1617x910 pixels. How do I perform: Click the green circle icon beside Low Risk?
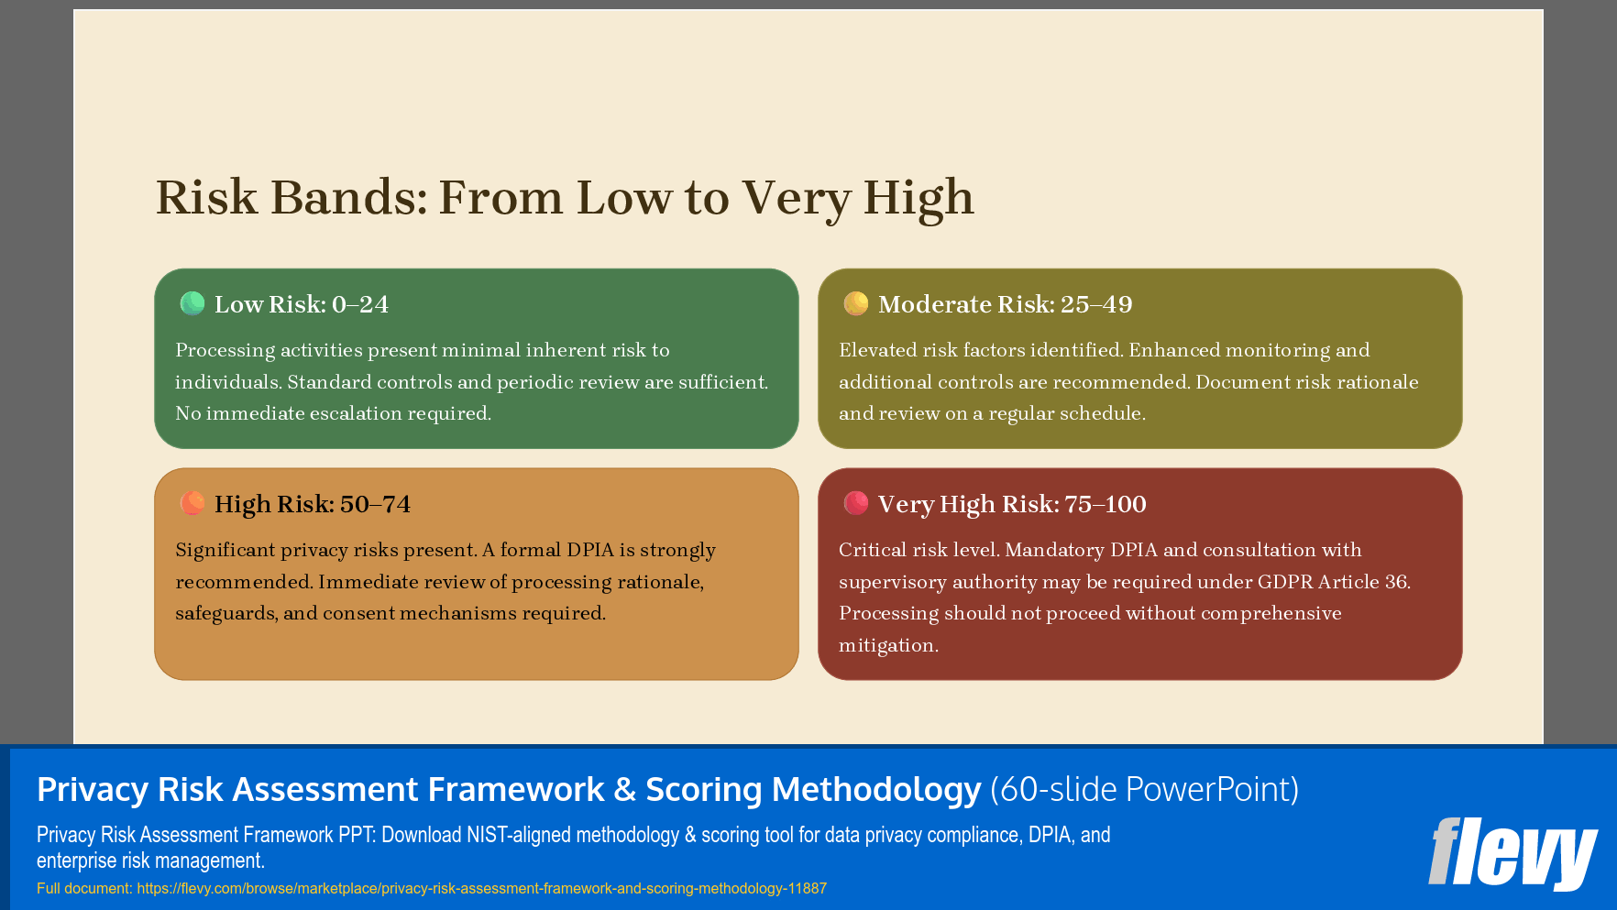point(192,303)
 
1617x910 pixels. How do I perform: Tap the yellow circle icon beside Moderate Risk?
point(856,303)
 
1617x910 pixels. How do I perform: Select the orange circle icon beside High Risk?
point(192,503)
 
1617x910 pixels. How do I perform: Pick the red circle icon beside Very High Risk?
point(856,503)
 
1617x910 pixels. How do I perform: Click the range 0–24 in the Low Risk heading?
point(360,304)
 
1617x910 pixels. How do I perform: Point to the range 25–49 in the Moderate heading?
point(1096,304)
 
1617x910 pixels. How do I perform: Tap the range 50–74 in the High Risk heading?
point(375,504)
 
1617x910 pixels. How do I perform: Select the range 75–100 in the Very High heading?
point(1105,504)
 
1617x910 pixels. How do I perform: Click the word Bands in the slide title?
point(349,198)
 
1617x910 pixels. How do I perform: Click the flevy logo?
point(1512,853)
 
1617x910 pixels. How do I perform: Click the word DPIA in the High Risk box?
point(589,550)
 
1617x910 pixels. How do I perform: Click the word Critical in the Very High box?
point(873,550)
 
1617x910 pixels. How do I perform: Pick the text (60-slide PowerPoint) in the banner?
point(1144,789)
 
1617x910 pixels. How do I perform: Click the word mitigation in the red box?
point(887,645)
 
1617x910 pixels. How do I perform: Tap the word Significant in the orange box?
point(225,550)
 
